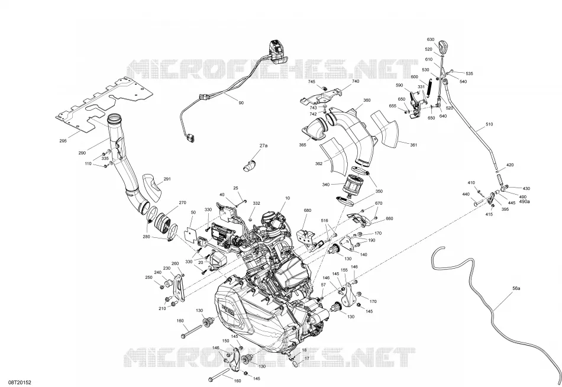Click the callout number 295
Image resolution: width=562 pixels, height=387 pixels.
63,141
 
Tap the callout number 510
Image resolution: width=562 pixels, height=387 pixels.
489,124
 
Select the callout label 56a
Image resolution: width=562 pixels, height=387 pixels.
516,288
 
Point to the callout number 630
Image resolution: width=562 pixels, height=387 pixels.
431,40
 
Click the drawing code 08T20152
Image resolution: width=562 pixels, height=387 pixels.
18,383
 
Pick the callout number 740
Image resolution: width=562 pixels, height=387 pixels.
355,82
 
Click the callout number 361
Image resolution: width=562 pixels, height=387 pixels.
414,145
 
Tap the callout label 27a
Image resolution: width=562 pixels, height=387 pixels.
263,146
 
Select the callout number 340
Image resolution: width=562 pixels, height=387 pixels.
326,185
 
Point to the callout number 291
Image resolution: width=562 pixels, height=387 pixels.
167,179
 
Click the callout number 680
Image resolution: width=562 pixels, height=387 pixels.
308,211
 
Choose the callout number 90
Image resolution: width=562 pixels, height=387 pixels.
241,103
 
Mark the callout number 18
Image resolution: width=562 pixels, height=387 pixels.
304,350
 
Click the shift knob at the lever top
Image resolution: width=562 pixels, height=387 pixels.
443,47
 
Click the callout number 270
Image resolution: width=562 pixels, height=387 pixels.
182,202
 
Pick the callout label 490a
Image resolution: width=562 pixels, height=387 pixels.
524,202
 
